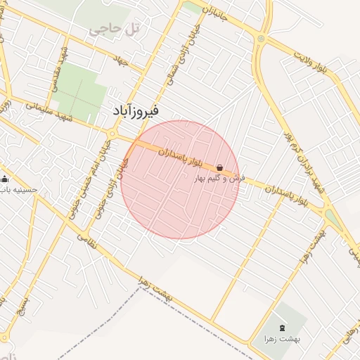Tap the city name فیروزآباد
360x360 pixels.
coord(136,111)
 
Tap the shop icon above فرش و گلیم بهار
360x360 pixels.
coord(220,168)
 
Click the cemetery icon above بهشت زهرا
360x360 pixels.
coord(283,328)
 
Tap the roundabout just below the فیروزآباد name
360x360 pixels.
coord(112,133)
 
